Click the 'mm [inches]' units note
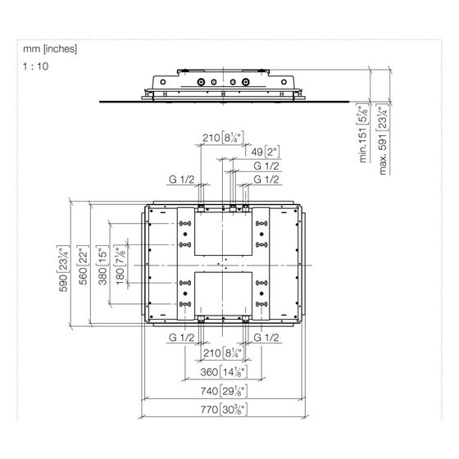pyautogui.click(x=50, y=49)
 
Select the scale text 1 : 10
pyautogui.click(x=36, y=66)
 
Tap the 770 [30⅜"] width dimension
pyautogui.click(x=224, y=409)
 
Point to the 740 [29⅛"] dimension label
pyautogui.click(x=224, y=391)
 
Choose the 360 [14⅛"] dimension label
pyautogui.click(x=224, y=372)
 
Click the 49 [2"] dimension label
pyautogui.click(x=266, y=152)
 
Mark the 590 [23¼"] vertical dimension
pyautogui.click(x=64, y=269)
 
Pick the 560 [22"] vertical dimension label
pyautogui.click(x=83, y=265)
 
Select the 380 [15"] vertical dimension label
pyautogui.click(x=102, y=265)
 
